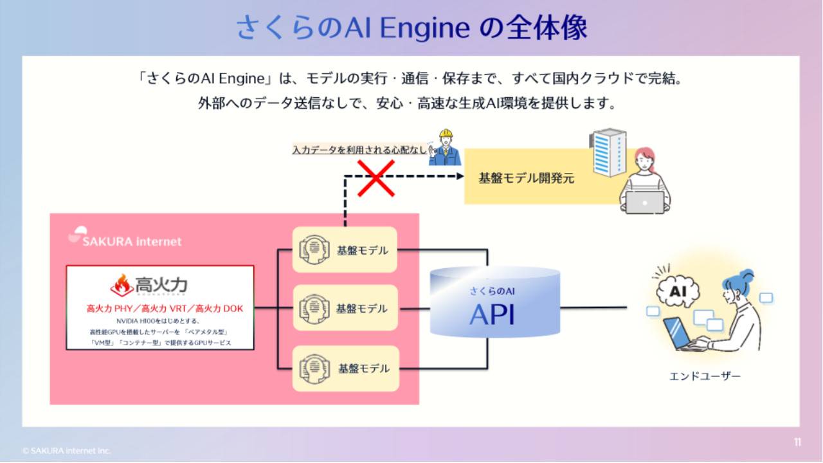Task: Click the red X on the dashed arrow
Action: click(375, 177)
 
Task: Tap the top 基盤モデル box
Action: click(345, 250)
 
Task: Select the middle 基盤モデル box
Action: click(345, 308)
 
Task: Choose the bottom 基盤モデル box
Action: click(345, 368)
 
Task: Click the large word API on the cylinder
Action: click(492, 314)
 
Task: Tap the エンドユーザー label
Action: click(705, 376)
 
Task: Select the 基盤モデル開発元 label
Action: click(526, 178)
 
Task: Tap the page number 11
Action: click(797, 442)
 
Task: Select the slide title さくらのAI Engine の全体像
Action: click(411, 28)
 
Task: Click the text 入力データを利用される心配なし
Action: click(359, 150)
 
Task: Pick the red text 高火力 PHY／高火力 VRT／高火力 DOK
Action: click(165, 309)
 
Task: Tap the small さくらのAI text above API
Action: click(492, 291)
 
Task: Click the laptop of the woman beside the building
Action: click(645, 202)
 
